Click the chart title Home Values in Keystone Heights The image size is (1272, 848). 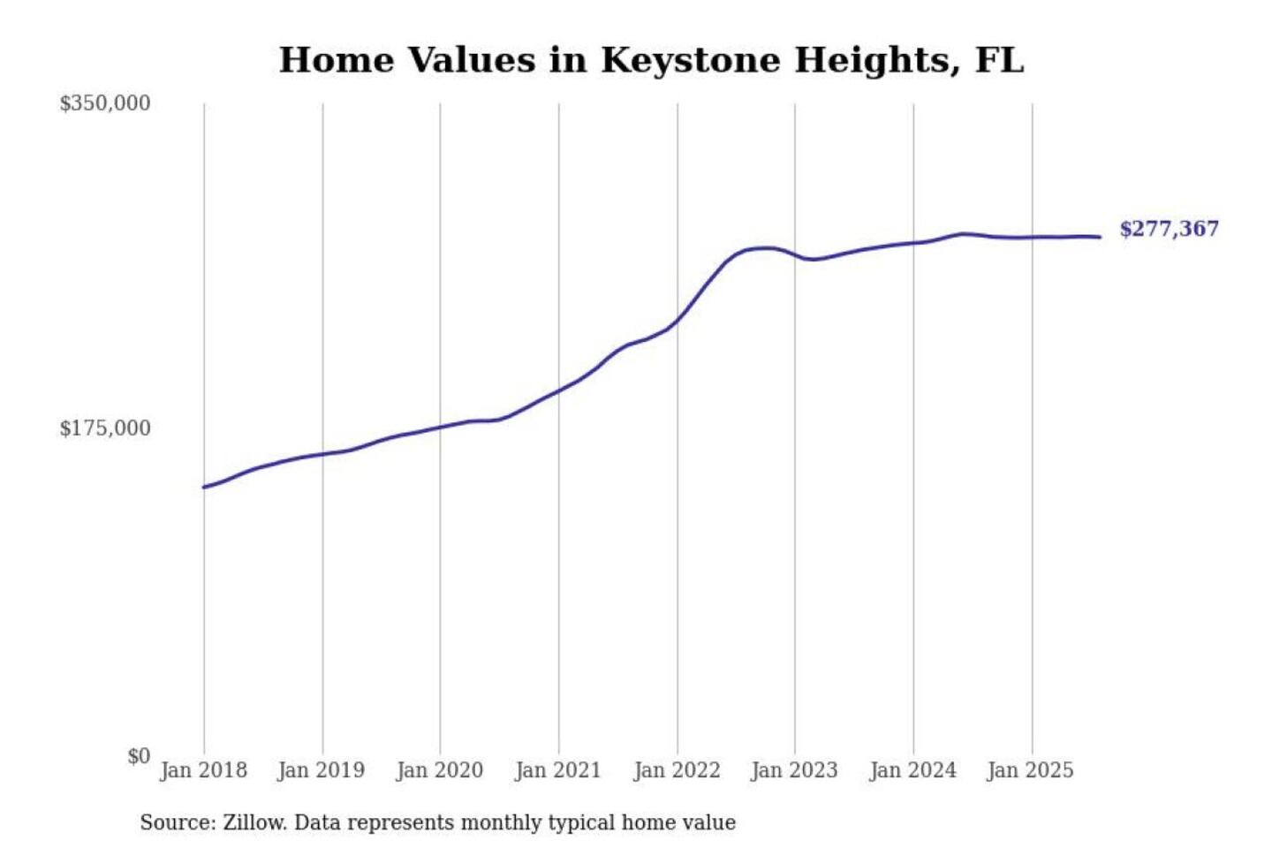pos(651,60)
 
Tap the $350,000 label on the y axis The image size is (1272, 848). pos(105,103)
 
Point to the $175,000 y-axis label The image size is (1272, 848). pos(105,428)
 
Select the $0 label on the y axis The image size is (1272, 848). pos(139,756)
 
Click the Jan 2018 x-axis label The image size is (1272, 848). pos(203,770)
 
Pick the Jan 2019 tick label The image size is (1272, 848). pos(321,770)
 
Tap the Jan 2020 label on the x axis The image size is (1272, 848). pos(439,770)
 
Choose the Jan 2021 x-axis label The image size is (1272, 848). pos(557,770)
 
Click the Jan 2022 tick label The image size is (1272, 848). pos(677,770)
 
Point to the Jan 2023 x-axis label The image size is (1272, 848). pos(794,770)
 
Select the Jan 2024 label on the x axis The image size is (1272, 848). pos(912,770)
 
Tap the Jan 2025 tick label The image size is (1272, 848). pos(1030,770)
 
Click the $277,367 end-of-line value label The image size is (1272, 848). pos(1169,229)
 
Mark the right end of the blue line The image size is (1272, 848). pos(1100,237)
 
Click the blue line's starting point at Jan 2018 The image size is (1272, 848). pos(204,487)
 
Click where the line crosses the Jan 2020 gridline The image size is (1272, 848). pos(440,428)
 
